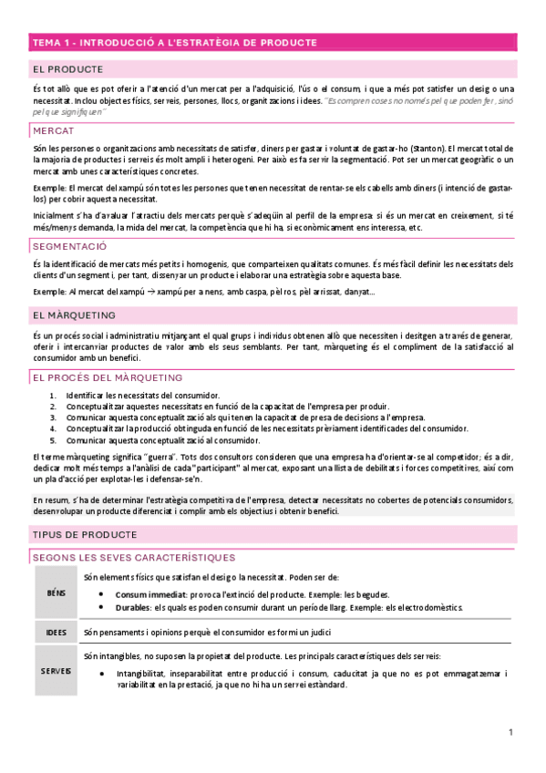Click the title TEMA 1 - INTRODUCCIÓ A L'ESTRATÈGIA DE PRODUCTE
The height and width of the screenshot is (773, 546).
click(174, 42)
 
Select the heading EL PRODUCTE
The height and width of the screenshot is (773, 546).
click(67, 68)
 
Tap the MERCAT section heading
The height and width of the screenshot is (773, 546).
click(54, 131)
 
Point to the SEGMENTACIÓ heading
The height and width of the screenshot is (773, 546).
click(69, 246)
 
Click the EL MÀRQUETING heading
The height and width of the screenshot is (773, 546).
click(74, 315)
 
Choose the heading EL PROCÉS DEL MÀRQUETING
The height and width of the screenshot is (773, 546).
click(107, 377)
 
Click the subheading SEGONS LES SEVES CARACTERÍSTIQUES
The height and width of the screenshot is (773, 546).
click(133, 557)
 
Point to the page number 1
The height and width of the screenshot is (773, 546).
click(511, 732)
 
